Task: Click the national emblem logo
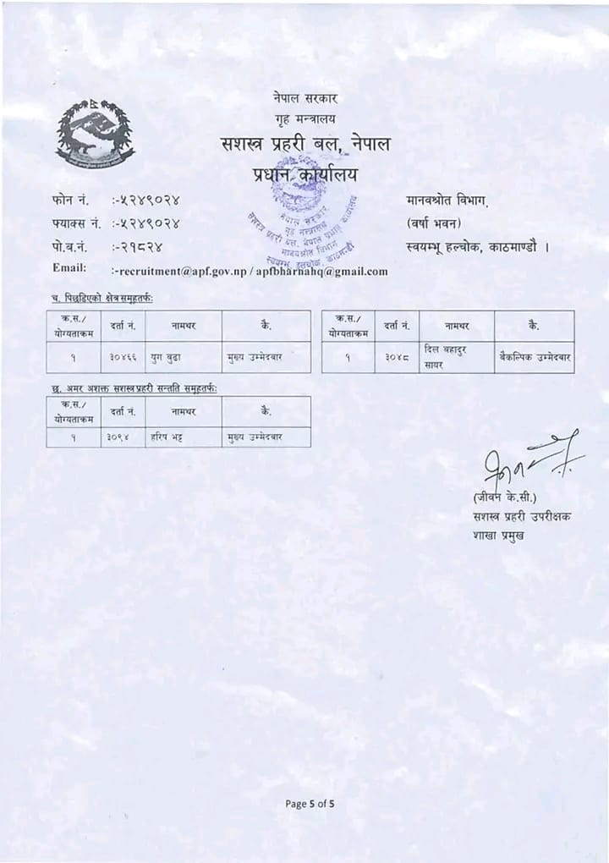95,133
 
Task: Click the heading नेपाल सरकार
305,99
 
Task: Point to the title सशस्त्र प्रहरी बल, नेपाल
305,145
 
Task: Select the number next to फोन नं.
146,201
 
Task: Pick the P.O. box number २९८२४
137,246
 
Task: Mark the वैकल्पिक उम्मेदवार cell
535,357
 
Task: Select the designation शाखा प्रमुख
498,534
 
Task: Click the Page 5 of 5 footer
310,804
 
